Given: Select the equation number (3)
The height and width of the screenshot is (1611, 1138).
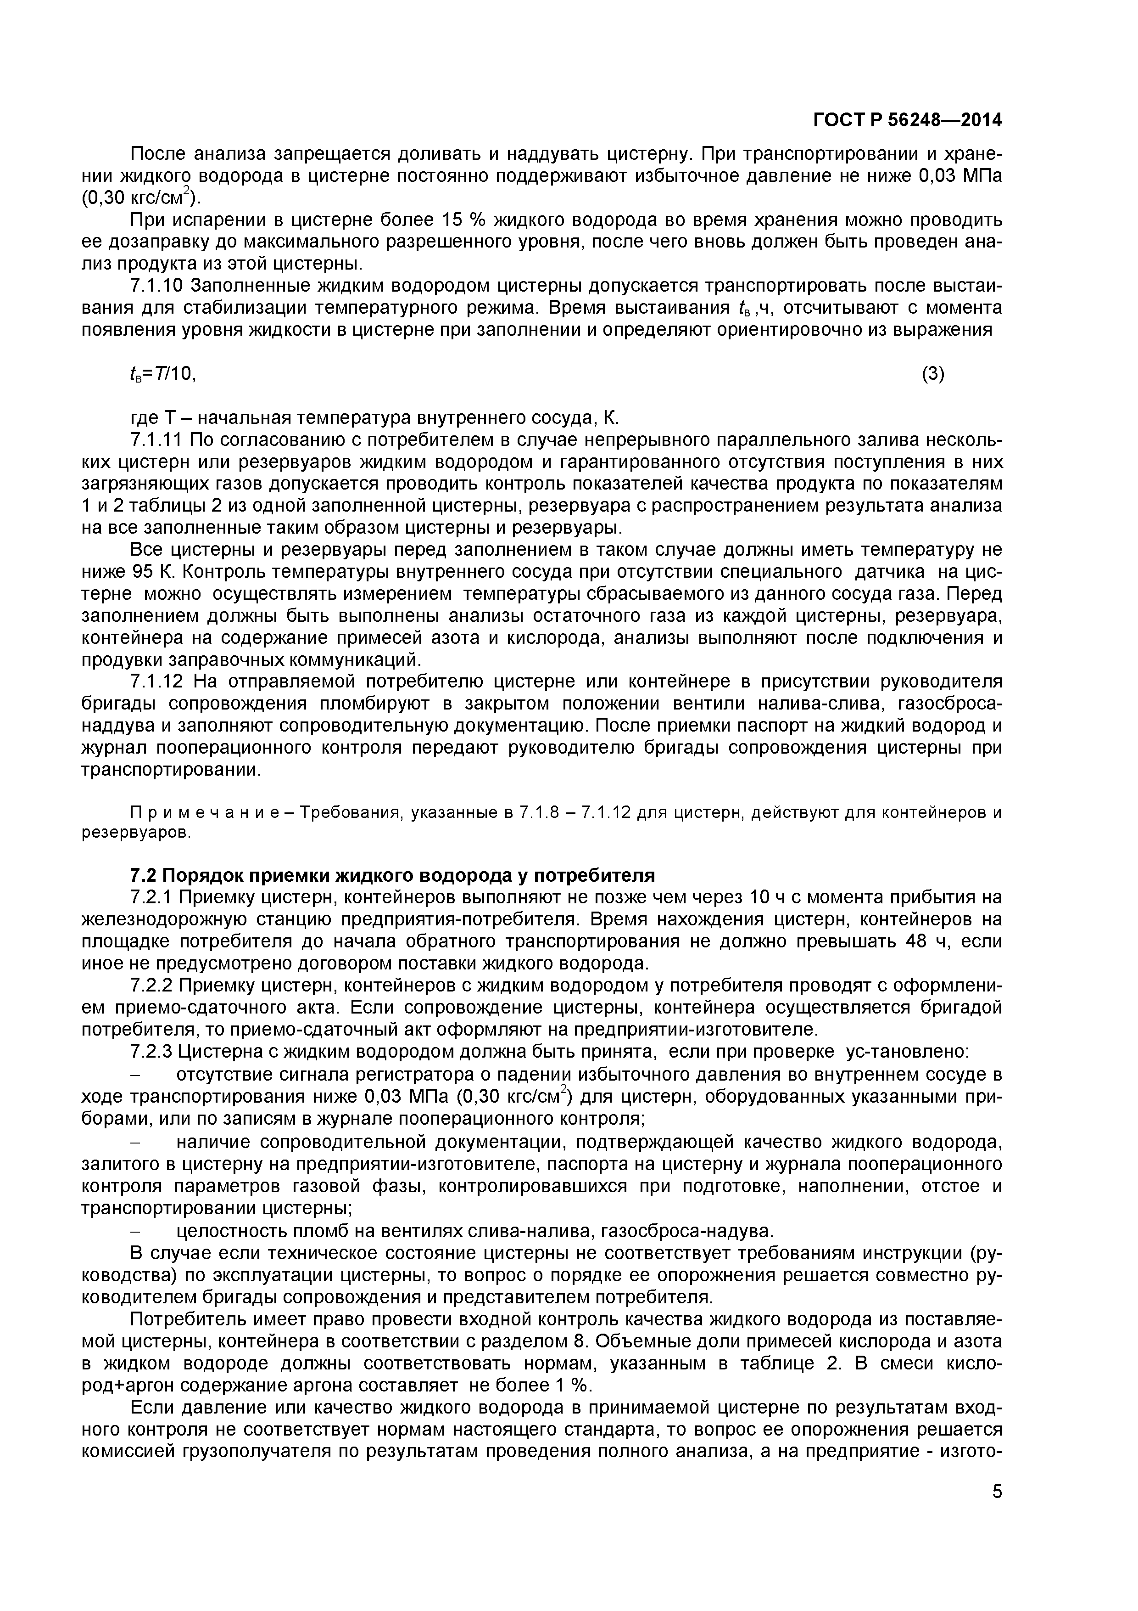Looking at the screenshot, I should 932,375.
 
